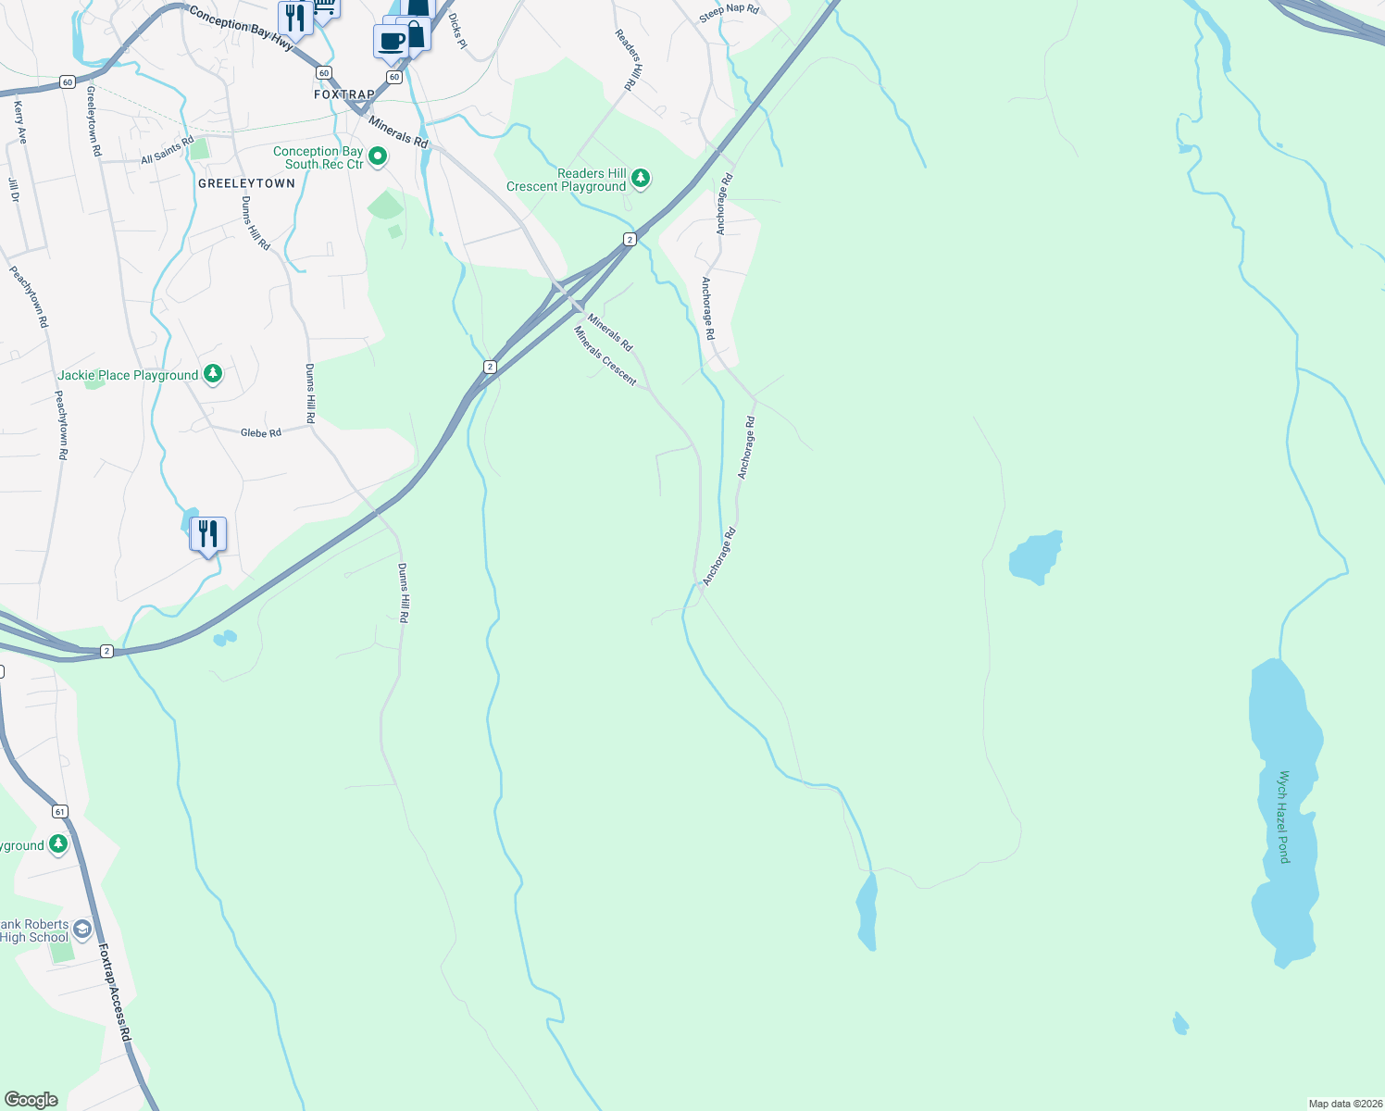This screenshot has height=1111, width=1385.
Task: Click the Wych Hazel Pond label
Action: click(x=1283, y=817)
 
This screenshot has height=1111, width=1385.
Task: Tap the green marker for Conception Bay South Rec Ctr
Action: click(x=378, y=157)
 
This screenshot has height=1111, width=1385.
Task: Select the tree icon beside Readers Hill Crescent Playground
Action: click(x=640, y=179)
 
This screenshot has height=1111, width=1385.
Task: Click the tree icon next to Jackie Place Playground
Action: click(x=213, y=374)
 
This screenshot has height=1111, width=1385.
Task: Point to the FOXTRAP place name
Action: click(x=344, y=94)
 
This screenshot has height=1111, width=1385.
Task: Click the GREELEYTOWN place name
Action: click(x=246, y=183)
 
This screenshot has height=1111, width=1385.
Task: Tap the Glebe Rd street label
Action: click(x=261, y=432)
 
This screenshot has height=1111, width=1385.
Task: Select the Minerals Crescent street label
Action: click(x=605, y=356)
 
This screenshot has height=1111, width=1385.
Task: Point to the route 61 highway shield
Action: click(x=60, y=812)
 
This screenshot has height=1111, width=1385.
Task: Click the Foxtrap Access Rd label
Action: click(x=115, y=992)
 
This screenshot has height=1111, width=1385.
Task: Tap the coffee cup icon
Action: click(x=392, y=41)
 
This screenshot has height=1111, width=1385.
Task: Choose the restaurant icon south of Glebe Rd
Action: click(x=208, y=533)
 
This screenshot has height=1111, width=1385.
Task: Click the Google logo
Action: click(x=31, y=1099)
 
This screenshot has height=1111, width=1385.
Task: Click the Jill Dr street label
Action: click(x=14, y=190)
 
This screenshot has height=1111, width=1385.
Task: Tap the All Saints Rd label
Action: click(x=168, y=151)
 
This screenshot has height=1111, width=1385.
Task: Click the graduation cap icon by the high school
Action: click(x=82, y=930)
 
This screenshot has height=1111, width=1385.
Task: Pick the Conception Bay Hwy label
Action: click(x=242, y=29)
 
